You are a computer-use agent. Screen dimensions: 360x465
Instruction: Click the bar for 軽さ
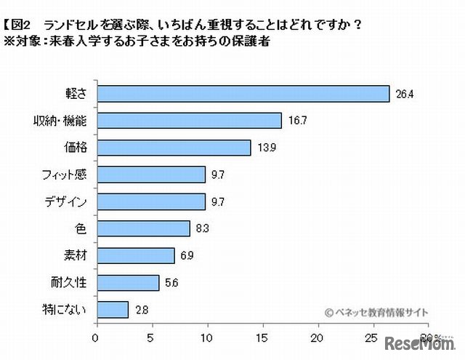point(243,94)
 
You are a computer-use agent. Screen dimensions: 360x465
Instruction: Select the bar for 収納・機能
point(189,121)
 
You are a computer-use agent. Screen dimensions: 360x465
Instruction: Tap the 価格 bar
point(174,147)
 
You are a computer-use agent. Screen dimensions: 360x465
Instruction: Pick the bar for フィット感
point(150,175)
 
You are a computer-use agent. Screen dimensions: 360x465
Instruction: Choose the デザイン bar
point(150,201)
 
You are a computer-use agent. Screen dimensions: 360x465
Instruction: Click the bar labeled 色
point(142,228)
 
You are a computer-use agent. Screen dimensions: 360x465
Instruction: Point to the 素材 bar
point(135,255)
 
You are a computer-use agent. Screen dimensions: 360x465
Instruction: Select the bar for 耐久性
point(128,282)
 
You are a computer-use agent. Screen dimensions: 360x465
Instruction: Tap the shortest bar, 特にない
point(112,309)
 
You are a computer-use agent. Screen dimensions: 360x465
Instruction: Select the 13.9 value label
point(267,148)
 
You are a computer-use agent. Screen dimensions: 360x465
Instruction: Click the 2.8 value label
point(142,310)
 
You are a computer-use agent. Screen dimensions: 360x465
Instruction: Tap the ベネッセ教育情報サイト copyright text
point(377,311)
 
